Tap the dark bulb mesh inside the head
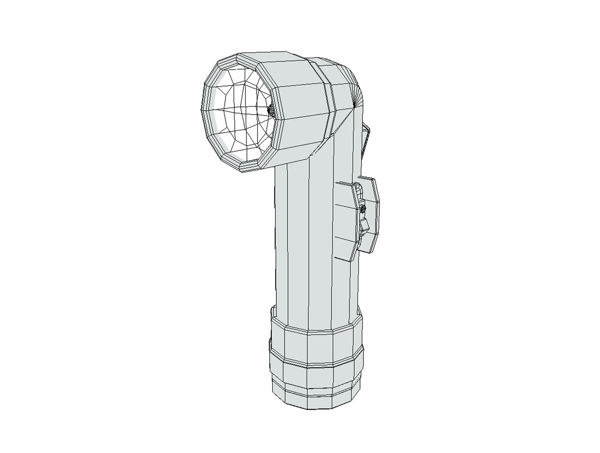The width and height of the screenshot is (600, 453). pyautogui.click(x=270, y=111)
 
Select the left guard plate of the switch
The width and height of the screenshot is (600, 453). pyautogui.click(x=348, y=222)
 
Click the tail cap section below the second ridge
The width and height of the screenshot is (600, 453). pyautogui.click(x=314, y=377)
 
